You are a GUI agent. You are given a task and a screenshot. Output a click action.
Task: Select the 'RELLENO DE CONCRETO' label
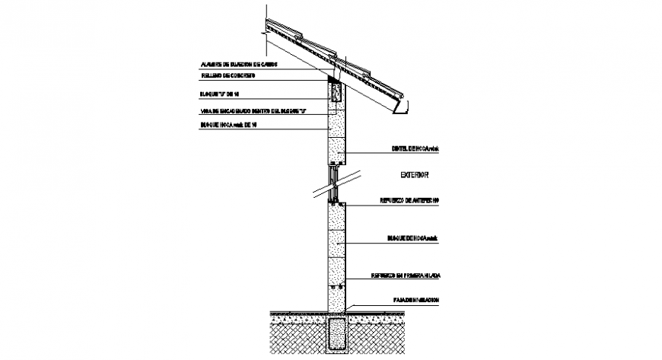tap(228, 76)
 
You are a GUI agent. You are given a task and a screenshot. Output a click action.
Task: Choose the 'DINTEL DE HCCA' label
tap(414, 149)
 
